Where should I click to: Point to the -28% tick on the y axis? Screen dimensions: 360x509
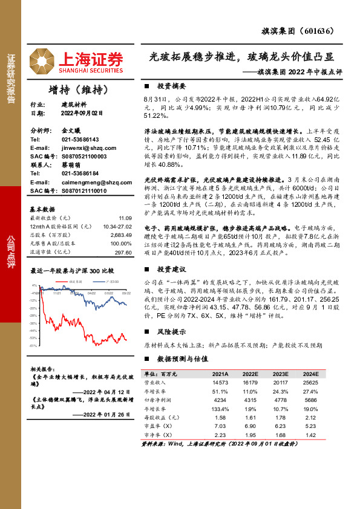click(34, 316)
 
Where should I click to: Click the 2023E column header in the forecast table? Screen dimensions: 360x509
click(281, 374)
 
